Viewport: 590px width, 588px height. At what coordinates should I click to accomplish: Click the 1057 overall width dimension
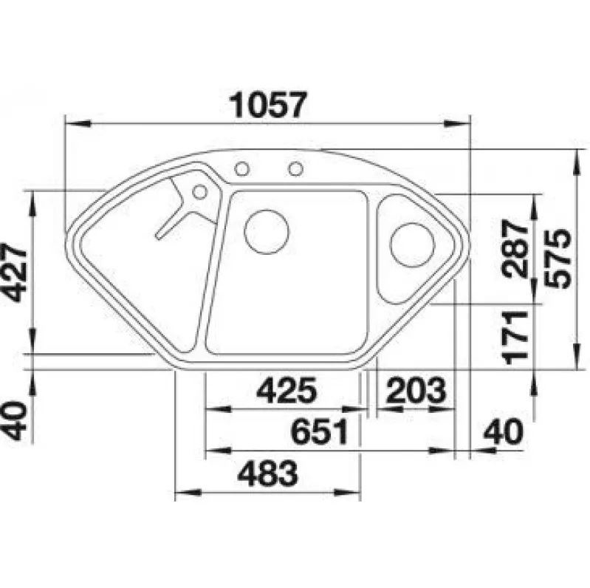[x=268, y=105]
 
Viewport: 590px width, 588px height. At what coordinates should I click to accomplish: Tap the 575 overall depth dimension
[x=558, y=259]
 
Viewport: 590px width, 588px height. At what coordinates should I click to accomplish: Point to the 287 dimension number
[x=515, y=249]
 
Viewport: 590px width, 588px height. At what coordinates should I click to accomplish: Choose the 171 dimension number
[x=515, y=338]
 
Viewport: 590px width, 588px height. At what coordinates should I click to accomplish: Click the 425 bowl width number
[x=287, y=390]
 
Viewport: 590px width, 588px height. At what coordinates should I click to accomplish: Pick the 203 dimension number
[x=416, y=390]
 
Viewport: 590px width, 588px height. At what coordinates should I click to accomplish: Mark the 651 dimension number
[x=319, y=432]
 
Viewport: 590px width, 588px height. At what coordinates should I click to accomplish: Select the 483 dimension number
[x=268, y=474]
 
